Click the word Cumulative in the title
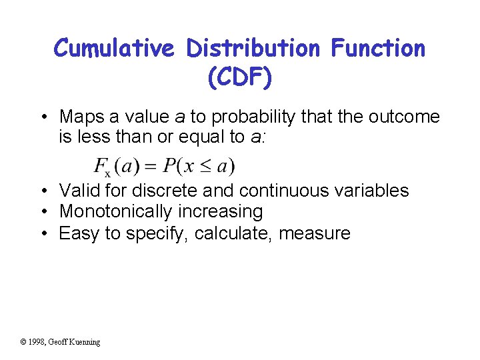click(x=115, y=49)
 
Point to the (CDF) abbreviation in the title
click(x=239, y=78)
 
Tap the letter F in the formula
click(x=100, y=164)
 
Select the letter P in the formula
click(x=171, y=164)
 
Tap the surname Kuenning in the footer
click(x=85, y=342)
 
